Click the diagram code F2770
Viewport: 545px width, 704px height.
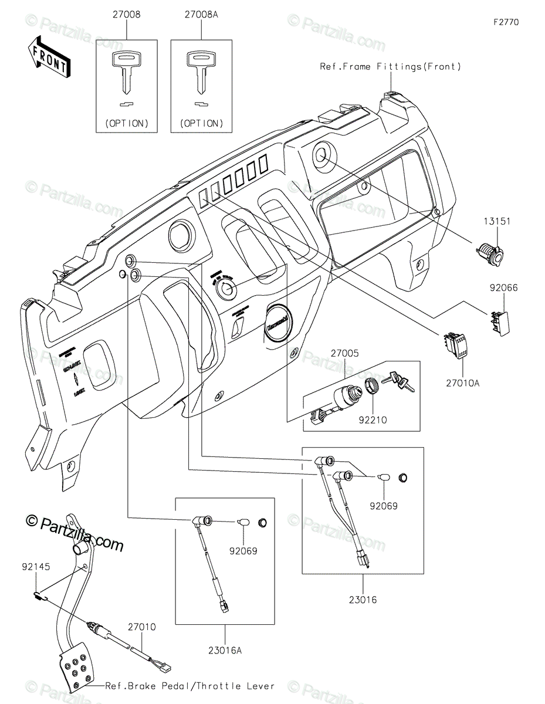[x=506, y=22]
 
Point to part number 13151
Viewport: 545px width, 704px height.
[x=497, y=222]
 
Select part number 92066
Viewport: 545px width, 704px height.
[x=504, y=288]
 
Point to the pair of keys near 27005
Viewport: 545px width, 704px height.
[x=398, y=381]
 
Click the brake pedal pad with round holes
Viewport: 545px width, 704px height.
[x=75, y=669]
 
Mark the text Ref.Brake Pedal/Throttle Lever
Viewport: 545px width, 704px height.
[x=190, y=685]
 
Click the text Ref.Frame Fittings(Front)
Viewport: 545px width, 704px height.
[x=390, y=67]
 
